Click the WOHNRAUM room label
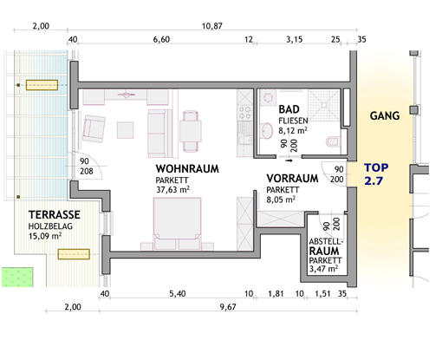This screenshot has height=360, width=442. pyautogui.click(x=187, y=169)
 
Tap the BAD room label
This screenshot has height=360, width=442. pyautogui.click(x=289, y=109)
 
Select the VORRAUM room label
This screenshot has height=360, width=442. pyautogui.click(x=292, y=179)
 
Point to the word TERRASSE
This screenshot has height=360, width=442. pyautogui.click(x=55, y=215)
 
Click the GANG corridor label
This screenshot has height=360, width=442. pyautogui.click(x=385, y=116)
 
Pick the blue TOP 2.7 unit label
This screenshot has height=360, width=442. pyautogui.click(x=376, y=174)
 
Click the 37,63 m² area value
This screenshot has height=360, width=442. pyautogui.click(x=172, y=190)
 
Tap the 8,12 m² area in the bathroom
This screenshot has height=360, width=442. pyautogui.click(x=293, y=131)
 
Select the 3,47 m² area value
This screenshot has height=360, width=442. pyautogui.click(x=323, y=269)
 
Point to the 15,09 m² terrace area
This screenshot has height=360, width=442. pyautogui.click(x=45, y=236)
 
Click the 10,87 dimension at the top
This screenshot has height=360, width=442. pyautogui.click(x=212, y=26)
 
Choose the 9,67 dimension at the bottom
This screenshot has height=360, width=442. pyautogui.click(x=228, y=307)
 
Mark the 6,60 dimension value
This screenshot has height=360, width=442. pyautogui.click(x=161, y=39)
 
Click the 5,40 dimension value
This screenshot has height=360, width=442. pyautogui.click(x=178, y=294)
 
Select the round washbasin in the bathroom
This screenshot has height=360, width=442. pyautogui.click(x=266, y=131)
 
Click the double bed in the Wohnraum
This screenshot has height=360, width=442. pyautogui.click(x=177, y=224)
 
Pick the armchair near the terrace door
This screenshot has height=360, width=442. pyautogui.click(x=94, y=128)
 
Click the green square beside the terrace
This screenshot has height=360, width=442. pyautogui.click(x=17, y=278)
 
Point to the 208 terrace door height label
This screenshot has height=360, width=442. pyautogui.click(x=87, y=172)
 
